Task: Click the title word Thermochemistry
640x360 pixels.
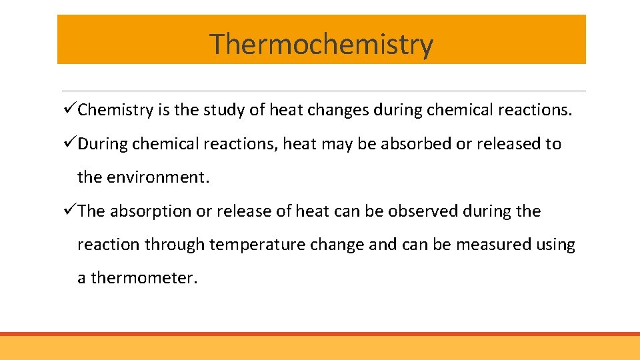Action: coord(321,45)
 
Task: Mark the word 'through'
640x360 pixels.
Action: coord(174,245)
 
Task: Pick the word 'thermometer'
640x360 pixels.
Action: coord(143,278)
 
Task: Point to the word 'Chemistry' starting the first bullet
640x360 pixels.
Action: coord(115,110)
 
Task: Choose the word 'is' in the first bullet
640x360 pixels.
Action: coord(164,110)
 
